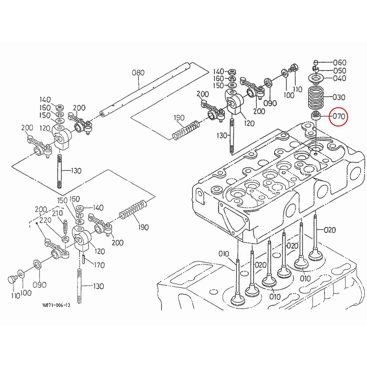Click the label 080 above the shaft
click(138, 73)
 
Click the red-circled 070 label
click(339, 116)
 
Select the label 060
click(339, 62)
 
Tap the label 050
click(339, 70)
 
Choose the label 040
click(339, 78)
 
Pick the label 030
click(338, 97)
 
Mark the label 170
click(99, 265)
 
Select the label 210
click(57, 213)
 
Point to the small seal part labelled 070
click(315, 116)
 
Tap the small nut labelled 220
click(65, 239)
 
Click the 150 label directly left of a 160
click(62, 201)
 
